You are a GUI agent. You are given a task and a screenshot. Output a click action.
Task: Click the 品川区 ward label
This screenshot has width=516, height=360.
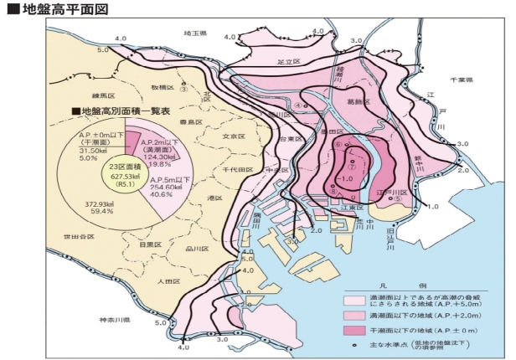[x=199, y=248]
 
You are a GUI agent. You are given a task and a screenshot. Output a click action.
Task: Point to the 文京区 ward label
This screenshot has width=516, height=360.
[x=233, y=136]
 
